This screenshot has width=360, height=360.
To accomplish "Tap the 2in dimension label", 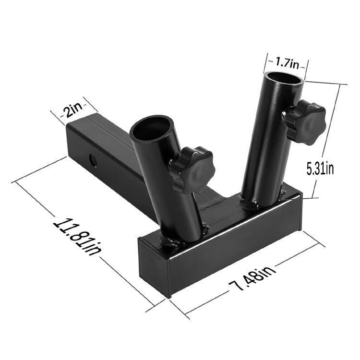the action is coord(73,110).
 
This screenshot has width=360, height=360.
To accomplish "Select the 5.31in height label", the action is coord(320,168).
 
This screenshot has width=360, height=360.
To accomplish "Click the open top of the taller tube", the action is coord(284,78).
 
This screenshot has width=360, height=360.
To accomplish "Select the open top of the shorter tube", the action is coord(152,127).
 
